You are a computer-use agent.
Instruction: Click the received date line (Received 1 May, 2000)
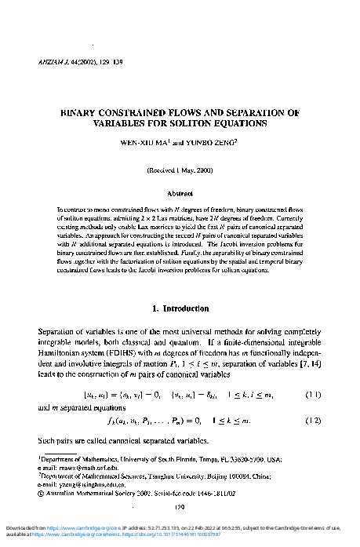coord(180,170)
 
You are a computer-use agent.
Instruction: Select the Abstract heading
coord(180,192)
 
